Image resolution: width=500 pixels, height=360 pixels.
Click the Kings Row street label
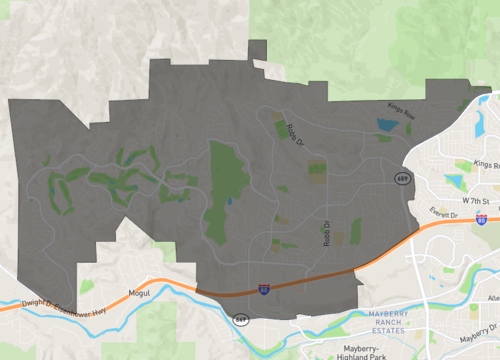pos(400,113)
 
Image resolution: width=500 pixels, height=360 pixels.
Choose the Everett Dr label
pos(438,213)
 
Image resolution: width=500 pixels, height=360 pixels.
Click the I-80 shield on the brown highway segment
pos(263,288)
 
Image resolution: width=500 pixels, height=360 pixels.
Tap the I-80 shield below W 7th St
pos(482,218)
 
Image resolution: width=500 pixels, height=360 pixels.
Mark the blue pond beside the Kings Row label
pos(386,126)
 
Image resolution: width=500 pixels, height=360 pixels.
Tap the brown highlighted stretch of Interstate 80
pos(300,283)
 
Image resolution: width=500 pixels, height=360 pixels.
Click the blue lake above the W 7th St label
pos(456,181)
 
